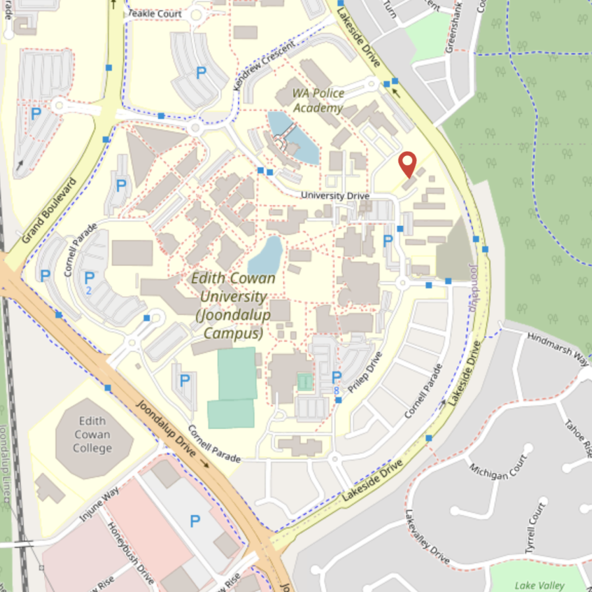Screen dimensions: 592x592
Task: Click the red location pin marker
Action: click(408, 164)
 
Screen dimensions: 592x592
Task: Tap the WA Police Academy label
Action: click(318, 101)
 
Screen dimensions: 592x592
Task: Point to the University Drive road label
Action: click(335, 196)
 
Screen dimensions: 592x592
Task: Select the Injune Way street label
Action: click(99, 503)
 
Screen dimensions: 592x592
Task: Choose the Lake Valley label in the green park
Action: click(539, 585)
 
